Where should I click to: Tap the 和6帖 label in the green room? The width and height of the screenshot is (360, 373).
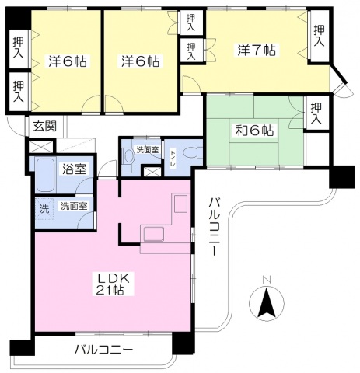254,130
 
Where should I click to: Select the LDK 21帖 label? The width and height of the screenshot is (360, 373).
110,284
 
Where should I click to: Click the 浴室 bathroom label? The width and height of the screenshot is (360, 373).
75,169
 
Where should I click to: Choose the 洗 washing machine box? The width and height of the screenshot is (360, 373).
44,208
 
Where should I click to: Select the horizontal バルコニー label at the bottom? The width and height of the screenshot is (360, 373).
103,349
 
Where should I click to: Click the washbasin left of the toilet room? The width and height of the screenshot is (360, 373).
128,156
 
